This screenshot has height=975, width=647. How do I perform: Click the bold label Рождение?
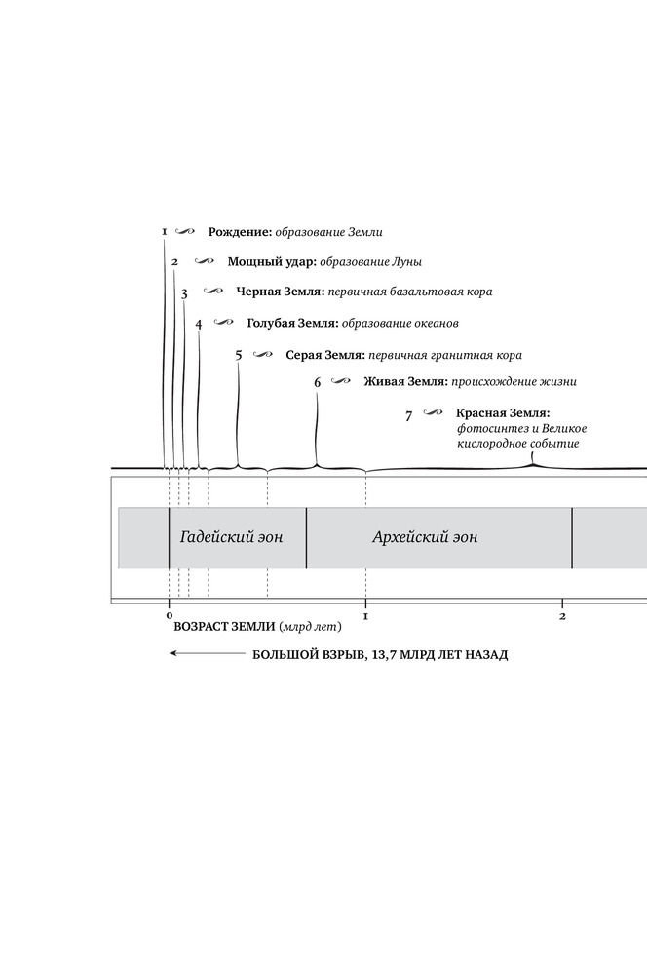[x=239, y=232]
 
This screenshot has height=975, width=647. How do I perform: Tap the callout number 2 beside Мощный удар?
[x=174, y=262]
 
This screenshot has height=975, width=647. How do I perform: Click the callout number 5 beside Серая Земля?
[x=238, y=355]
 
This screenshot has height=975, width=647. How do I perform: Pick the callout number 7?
[x=409, y=416]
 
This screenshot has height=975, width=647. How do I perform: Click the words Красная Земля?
[x=502, y=413]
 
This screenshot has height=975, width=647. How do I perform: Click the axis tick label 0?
[x=169, y=616]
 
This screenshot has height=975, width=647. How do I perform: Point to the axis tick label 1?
[x=365, y=616]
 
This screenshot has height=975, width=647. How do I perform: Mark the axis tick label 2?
[x=563, y=616]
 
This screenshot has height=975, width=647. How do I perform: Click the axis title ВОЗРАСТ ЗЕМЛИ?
[x=223, y=629]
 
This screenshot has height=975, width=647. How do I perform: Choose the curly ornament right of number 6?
[x=340, y=381]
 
